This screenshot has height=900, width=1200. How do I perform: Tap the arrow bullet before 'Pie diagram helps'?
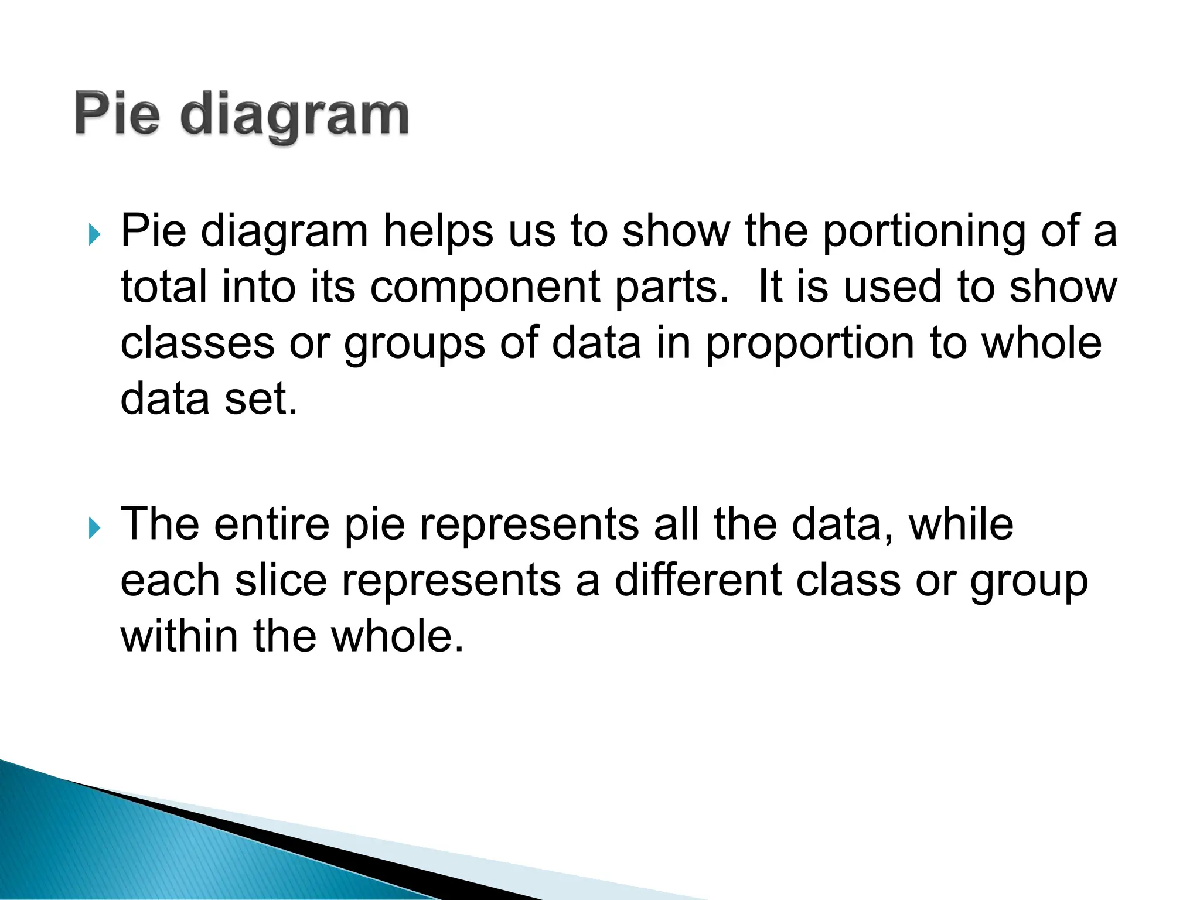point(94,235)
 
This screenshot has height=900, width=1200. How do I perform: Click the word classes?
point(197,343)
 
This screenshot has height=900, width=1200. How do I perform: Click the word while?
point(960,524)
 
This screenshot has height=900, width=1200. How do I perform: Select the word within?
point(179,636)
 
